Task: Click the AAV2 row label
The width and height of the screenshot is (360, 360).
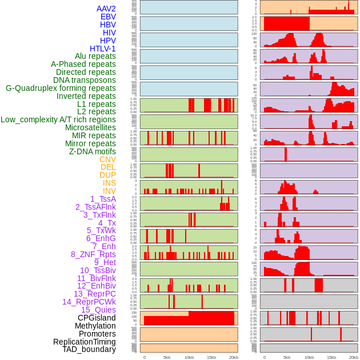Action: pyautogui.click(x=106, y=9)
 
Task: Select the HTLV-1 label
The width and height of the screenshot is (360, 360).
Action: pyautogui.click(x=103, y=49)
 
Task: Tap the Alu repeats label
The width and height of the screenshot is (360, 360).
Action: pyautogui.click(x=95, y=57)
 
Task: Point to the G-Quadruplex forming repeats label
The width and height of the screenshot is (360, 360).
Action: pyautogui.click(x=61, y=88)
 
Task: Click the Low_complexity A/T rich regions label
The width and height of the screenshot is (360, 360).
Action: pyautogui.click(x=58, y=119)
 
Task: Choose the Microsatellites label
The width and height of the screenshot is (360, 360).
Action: pyautogui.click(x=90, y=127)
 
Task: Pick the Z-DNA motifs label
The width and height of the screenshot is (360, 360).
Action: pyautogui.click(x=93, y=151)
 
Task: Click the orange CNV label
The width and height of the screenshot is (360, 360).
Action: pyautogui.click(x=107, y=159)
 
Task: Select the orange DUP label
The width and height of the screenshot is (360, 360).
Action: pyautogui.click(x=107, y=175)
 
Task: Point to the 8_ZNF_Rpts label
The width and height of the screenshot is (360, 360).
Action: pyautogui.click(x=93, y=254)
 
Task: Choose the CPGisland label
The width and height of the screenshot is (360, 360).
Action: pyautogui.click(x=97, y=318)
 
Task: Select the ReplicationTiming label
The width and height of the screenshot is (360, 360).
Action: pyautogui.click(x=85, y=342)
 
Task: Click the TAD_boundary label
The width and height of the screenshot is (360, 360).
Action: pyautogui.click(x=89, y=349)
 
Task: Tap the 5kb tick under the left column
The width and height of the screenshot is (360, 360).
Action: pyautogui.click(x=167, y=357)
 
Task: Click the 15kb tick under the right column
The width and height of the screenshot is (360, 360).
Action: pyautogui.click(x=331, y=357)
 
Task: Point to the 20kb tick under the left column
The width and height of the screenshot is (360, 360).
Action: pyautogui.click(x=234, y=357)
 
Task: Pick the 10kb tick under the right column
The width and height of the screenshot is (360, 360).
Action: pyautogui.click(x=309, y=357)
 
